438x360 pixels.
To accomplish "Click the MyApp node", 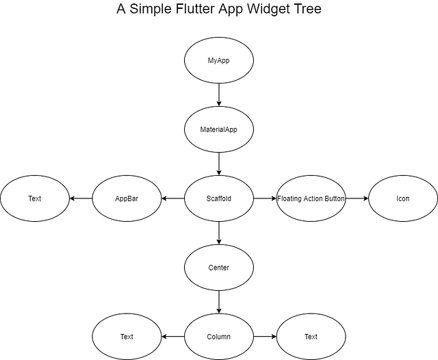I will (x=219, y=61).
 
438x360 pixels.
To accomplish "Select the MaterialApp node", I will (x=219, y=129).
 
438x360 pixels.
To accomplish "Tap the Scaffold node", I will (x=219, y=198).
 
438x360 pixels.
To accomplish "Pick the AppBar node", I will (x=127, y=198).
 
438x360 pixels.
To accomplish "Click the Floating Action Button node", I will (x=311, y=198).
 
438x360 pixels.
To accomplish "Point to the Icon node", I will (x=403, y=198).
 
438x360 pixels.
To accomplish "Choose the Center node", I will (x=219, y=267).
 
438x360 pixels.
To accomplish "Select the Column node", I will (x=219, y=337).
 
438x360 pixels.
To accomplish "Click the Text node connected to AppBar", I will (x=35, y=198).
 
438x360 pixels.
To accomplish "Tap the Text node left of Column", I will (x=127, y=337).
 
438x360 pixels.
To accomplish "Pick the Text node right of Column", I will (x=311, y=337).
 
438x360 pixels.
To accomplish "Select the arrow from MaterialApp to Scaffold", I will (x=219, y=164).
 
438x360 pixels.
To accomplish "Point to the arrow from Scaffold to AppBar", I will (x=173, y=198).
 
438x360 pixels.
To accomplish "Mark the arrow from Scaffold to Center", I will (x=219, y=233).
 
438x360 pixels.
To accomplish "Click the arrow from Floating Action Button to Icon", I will (x=357, y=198).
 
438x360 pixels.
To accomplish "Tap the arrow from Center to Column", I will (x=219, y=302).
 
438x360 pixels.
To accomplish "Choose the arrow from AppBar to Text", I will (x=81, y=198).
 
